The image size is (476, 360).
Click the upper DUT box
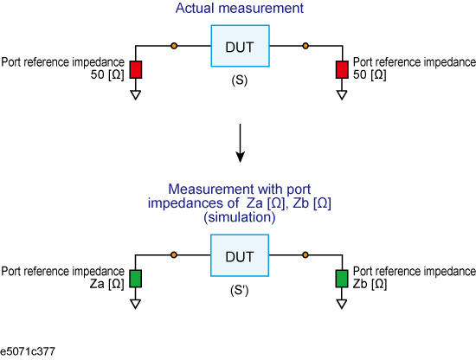click(x=240, y=46)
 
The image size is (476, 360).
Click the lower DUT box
click(x=240, y=255)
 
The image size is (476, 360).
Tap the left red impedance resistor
click(x=136, y=69)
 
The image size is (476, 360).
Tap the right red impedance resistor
click(x=342, y=69)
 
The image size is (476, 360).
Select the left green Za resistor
click(x=135, y=279)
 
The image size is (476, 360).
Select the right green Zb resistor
click(x=342, y=279)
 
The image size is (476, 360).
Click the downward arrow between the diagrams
click(x=240, y=143)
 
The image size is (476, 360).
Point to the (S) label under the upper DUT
click(x=240, y=80)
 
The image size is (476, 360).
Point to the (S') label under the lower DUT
click(x=240, y=290)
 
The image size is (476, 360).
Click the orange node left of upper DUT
click(x=174, y=46)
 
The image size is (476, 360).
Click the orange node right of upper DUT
click(x=306, y=46)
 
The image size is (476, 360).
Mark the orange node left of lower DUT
click(x=174, y=255)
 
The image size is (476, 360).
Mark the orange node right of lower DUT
click(x=306, y=255)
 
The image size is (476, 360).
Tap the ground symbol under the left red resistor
click(x=136, y=95)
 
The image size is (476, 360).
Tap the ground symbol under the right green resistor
click(x=342, y=304)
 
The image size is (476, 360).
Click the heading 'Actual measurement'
click(x=240, y=8)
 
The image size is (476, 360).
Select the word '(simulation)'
click(x=240, y=217)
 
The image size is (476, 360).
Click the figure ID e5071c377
click(x=28, y=351)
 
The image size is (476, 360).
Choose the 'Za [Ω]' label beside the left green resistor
click(x=106, y=284)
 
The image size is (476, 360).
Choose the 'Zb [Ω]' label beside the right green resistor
click(x=370, y=284)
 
